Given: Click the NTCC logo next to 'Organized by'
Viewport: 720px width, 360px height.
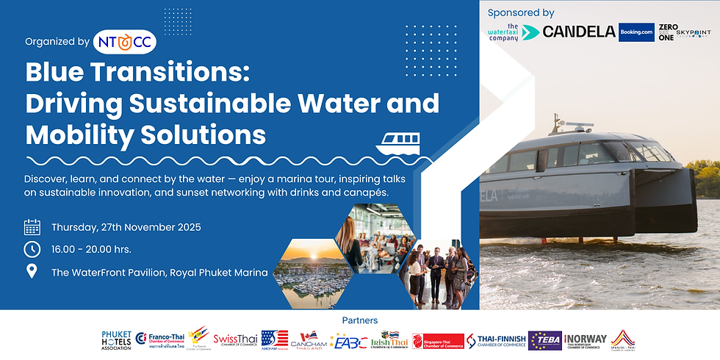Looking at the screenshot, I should tap(125, 43).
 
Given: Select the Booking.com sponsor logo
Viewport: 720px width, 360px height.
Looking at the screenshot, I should tap(636, 32).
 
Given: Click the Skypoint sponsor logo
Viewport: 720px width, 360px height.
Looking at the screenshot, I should tap(694, 33).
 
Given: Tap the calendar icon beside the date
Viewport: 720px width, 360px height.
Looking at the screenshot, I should tap(32, 226).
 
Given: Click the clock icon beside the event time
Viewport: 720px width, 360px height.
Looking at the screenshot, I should tap(32, 249).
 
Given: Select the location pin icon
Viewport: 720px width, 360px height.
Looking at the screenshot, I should tap(32, 272).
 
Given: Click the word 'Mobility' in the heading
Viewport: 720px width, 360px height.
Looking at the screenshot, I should tap(80, 134).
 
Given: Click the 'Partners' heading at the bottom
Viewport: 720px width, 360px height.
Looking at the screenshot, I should tap(360, 320).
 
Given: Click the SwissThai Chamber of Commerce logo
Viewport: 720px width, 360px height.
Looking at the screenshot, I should tap(235, 339).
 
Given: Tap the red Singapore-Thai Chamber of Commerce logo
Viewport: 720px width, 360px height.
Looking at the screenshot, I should tap(439, 340).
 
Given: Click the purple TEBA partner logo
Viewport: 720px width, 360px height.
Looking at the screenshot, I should tap(545, 340).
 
